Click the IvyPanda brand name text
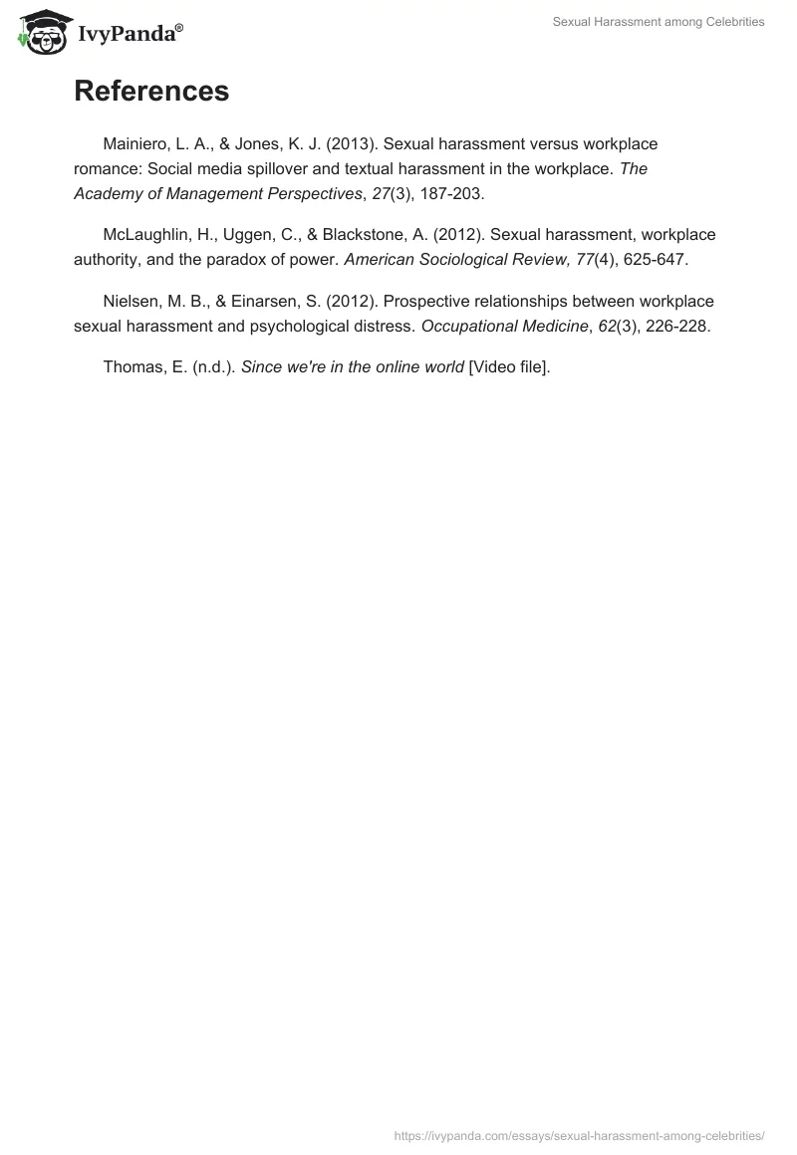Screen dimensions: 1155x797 [x=129, y=33]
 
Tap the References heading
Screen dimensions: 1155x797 [x=151, y=91]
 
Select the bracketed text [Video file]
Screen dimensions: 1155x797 [x=508, y=366]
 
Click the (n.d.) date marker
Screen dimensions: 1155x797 [x=212, y=366]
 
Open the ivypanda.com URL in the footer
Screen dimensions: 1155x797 [x=579, y=1134]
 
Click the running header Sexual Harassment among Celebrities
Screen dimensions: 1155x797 [x=659, y=22]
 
